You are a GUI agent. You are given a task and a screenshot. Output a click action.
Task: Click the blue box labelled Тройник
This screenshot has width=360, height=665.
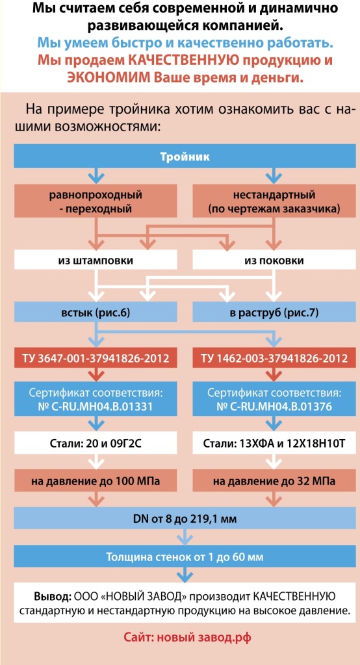pyautogui.click(x=185, y=157)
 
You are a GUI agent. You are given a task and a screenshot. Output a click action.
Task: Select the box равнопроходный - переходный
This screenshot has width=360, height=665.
pyautogui.click(x=96, y=202)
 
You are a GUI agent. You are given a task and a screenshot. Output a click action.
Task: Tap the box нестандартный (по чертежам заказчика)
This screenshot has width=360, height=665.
pyautogui.click(x=274, y=202)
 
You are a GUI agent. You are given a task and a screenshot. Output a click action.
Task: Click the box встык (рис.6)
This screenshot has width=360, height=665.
pyautogui.click(x=96, y=314)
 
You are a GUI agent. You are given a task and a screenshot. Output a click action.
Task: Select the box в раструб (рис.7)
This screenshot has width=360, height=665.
pyautogui.click(x=274, y=314)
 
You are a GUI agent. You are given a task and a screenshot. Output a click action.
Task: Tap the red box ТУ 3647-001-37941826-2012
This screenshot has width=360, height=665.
pyautogui.click(x=96, y=358)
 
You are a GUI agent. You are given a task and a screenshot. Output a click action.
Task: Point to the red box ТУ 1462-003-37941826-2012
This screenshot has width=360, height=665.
pyautogui.click(x=274, y=358)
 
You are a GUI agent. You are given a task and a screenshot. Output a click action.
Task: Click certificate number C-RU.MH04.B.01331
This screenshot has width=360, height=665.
pyautogui.click(x=96, y=407)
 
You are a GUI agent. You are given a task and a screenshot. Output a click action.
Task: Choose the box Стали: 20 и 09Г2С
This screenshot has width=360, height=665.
pyautogui.click(x=96, y=444)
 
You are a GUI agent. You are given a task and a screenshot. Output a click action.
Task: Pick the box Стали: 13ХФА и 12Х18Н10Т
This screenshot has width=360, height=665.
pyautogui.click(x=274, y=444)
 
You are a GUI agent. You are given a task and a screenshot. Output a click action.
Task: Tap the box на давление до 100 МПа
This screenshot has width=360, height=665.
pyautogui.click(x=96, y=481)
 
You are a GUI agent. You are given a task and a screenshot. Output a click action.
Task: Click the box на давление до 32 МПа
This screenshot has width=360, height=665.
pyautogui.click(x=274, y=481)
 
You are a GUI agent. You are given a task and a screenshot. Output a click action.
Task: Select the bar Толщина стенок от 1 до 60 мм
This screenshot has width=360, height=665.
pyautogui.click(x=185, y=557)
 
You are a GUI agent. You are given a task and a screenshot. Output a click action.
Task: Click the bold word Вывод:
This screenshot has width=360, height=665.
pyautogui.click(x=53, y=597)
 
